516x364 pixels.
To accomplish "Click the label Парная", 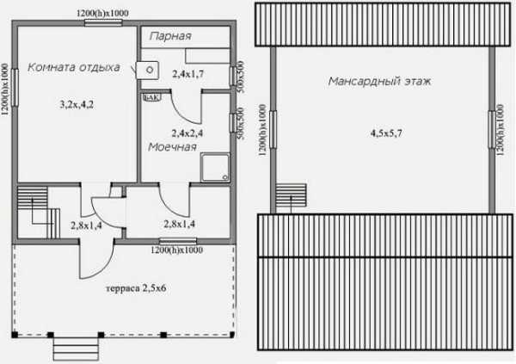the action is point(170,36).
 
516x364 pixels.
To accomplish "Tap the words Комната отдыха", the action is point(74,67).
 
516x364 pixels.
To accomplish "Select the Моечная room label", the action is point(172,147).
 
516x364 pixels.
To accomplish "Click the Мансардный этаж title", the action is point(379,81).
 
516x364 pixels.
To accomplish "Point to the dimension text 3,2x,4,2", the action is point(77,105).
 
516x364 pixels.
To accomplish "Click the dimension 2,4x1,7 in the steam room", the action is point(187,74).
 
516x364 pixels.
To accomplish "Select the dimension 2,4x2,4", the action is point(187,133).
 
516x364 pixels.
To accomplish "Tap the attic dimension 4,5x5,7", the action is point(386,133).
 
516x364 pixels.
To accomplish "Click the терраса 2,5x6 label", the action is point(136,288).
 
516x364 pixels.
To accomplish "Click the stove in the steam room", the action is point(147,70).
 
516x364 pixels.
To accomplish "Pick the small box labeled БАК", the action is point(151,97).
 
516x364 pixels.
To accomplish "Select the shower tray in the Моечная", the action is point(216,167).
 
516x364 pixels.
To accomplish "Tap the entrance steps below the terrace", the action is point(76,349).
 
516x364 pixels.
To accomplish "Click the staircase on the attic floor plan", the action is point(291,195).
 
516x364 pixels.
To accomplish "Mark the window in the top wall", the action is point(103,22).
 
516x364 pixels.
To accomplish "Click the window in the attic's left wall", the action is point(273,129).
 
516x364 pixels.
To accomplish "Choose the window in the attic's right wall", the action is point(492,129).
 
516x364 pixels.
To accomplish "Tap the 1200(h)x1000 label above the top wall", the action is point(102,13).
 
